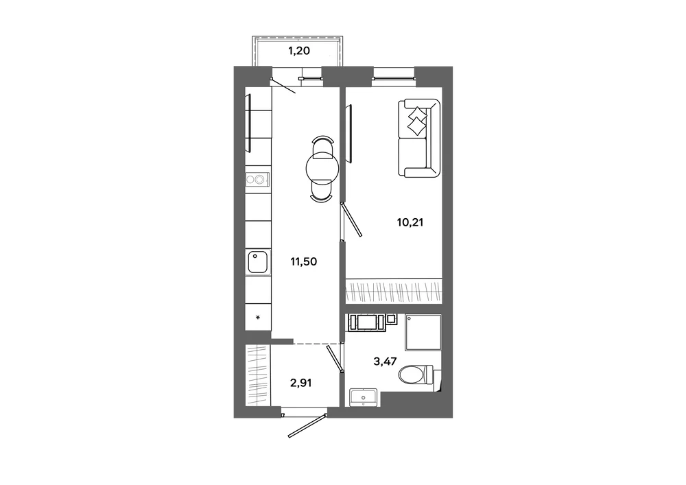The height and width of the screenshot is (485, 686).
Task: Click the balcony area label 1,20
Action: pos(299,51)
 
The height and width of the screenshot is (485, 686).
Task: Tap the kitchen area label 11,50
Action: pos(304,262)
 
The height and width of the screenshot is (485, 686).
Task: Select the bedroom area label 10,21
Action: pos(410,222)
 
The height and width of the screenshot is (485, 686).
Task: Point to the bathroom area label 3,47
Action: pos(385,362)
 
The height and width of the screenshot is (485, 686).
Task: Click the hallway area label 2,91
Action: pos(300,383)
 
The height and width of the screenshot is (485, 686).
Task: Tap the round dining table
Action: pos(322,168)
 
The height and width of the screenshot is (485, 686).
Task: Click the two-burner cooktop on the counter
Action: pos(257,179)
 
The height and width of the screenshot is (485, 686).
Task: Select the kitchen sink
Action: pos(258,262)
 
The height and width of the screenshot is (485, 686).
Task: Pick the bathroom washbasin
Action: pos(364,397)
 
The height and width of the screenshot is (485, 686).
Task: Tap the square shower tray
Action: pos(423,332)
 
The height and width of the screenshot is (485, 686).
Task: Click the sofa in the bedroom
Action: pos(418,138)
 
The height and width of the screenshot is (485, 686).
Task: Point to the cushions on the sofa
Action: pos(417,120)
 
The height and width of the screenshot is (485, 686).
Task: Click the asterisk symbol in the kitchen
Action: pos(258,318)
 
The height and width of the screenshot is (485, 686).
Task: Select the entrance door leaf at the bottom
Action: pos(307,424)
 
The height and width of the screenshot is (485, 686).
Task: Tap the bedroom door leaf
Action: pos(352,219)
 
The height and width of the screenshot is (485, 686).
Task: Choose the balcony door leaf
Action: pos(283,86)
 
